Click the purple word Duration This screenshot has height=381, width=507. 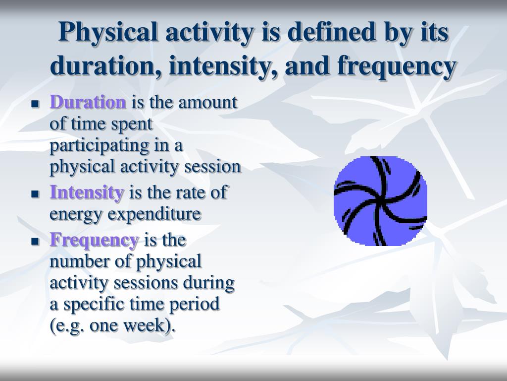click(x=88, y=102)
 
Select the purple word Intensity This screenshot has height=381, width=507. click(x=87, y=192)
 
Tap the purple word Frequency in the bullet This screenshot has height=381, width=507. click(x=94, y=241)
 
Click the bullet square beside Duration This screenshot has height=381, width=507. click(x=35, y=104)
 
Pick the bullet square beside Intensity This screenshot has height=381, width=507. click(x=35, y=194)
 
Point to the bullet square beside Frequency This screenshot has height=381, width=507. click(x=35, y=242)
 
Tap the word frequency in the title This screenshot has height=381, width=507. click(x=397, y=67)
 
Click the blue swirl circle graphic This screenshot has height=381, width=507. click(x=380, y=201)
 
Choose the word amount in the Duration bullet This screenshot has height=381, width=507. click(x=207, y=103)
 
